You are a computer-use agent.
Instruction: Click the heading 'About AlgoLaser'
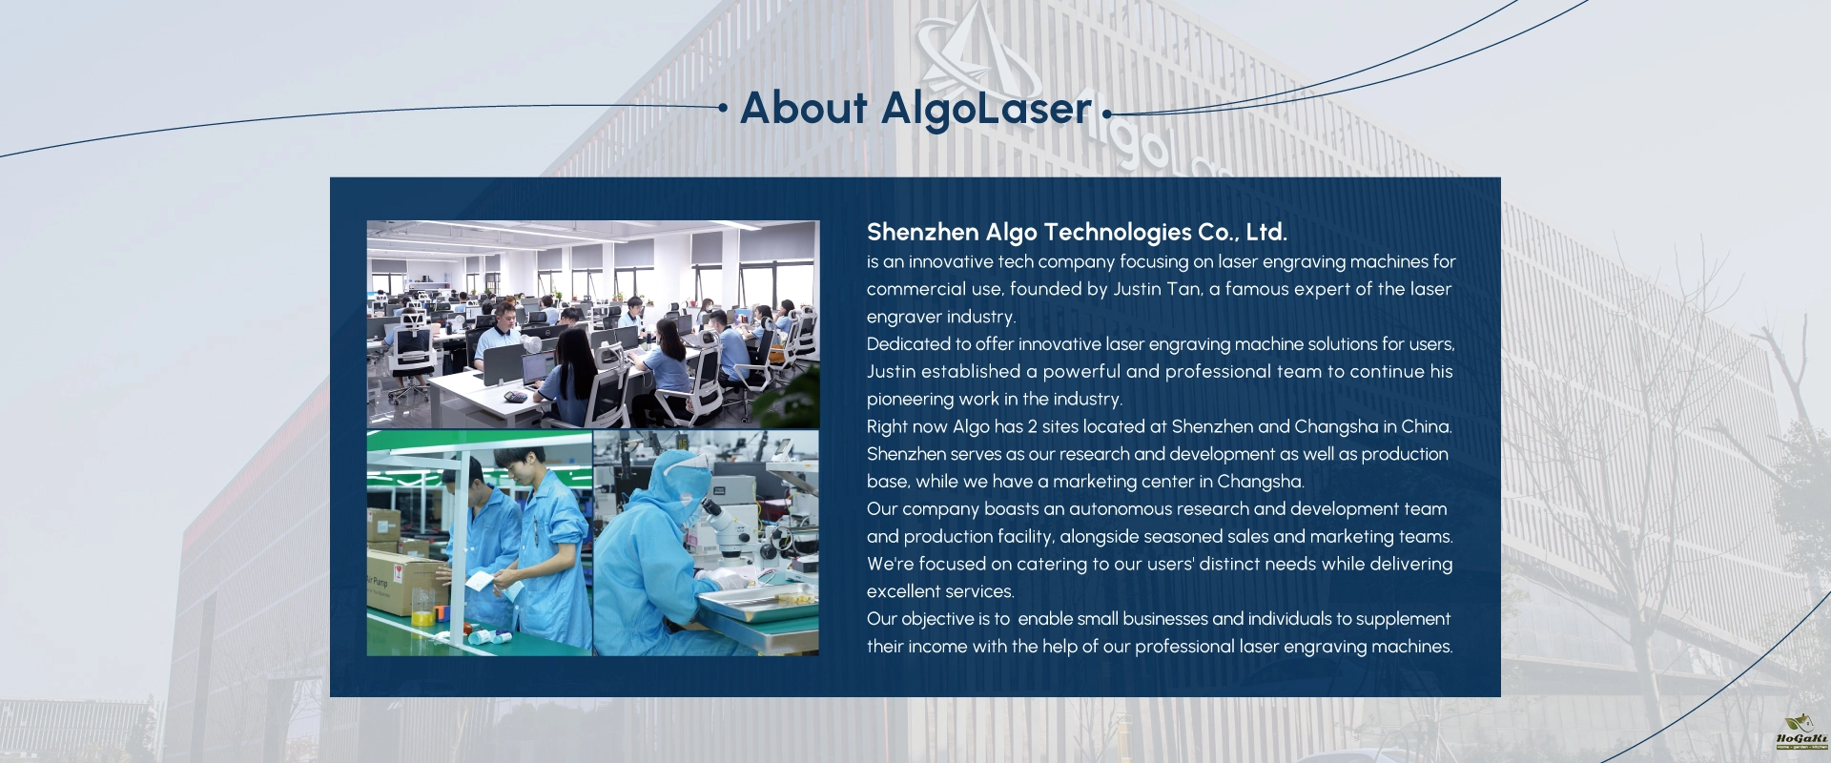tap(915, 109)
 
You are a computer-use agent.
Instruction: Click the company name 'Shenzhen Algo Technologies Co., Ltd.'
tap(1077, 232)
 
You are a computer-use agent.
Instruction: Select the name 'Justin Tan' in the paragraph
tap(1157, 289)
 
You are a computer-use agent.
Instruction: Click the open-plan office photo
tap(593, 324)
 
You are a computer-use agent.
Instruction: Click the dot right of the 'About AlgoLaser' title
tap(1106, 113)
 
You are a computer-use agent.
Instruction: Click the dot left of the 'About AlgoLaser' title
tap(723, 108)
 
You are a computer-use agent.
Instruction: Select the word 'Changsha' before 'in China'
tap(1336, 426)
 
